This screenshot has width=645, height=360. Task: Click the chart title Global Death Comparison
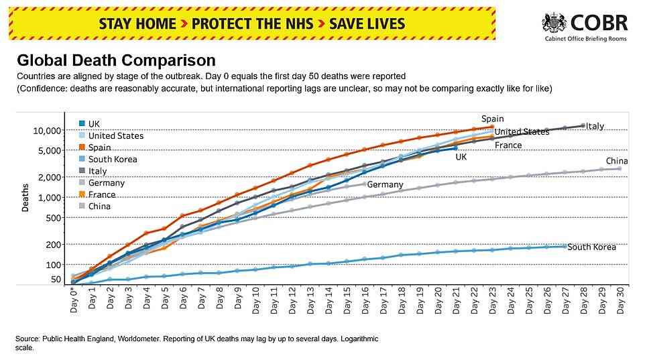point(116,60)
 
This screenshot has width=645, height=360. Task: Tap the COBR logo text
point(599,23)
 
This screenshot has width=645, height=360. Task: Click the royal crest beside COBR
point(554,23)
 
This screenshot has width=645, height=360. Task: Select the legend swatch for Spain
point(82,147)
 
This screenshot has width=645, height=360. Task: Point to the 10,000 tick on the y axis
point(46,131)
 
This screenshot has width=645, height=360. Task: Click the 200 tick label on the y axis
point(53,245)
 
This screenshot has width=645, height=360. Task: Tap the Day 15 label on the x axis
point(347,300)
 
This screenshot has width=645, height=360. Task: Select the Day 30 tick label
point(620,300)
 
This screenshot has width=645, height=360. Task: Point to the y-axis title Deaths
point(25,198)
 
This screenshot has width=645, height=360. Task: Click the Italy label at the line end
point(595,126)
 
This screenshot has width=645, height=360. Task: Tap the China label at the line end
point(617,161)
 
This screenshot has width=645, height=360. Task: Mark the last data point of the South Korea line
point(565,246)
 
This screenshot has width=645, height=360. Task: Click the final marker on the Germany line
point(365,184)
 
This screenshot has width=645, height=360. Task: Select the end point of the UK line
point(455,148)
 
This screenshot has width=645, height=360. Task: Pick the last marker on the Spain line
point(492,127)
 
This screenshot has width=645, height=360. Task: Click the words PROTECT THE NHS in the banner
point(252,24)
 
